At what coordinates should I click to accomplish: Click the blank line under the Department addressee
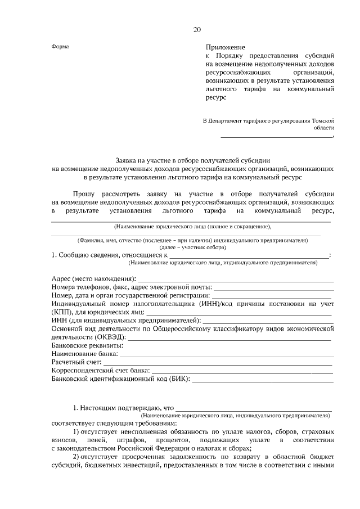[276, 136]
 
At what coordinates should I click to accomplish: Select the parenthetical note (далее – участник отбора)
[193, 247]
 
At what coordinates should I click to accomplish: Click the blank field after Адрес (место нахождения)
[236, 279]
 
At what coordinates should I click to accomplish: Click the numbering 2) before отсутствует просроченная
[78, 456]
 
